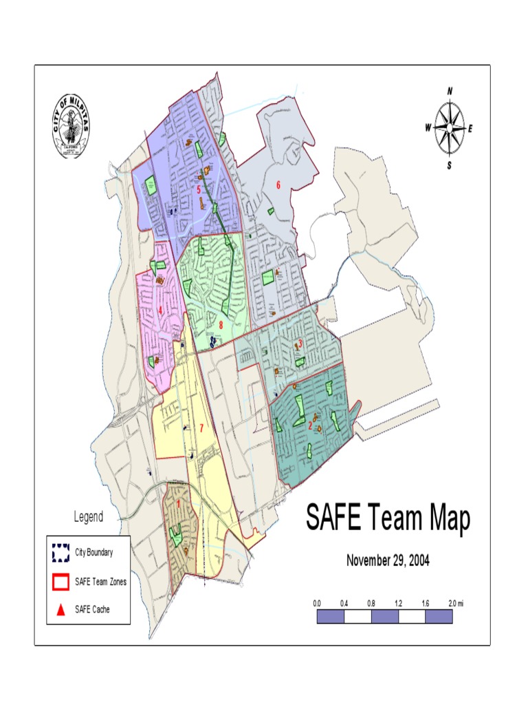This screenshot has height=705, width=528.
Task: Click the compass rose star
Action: coord(449,128)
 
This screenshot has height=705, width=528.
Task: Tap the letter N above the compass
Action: coord(450,91)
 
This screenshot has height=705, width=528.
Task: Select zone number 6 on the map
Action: coord(278,185)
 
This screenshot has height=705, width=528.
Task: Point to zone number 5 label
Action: coord(198,189)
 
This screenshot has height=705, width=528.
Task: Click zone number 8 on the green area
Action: coord(221,325)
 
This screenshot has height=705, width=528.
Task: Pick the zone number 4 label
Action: coord(160,311)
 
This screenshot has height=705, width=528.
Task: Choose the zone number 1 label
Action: coord(179,503)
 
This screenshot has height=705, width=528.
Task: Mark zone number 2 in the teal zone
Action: coord(310,426)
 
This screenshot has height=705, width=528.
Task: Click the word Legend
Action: coord(88,517)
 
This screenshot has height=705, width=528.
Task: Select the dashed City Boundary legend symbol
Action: coord(60,553)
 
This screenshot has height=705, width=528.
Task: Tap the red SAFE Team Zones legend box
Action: coord(60,582)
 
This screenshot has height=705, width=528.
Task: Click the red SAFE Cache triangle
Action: coord(60,609)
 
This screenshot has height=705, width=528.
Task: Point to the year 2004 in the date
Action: coord(417,560)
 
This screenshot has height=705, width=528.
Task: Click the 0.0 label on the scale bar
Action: coord(317,603)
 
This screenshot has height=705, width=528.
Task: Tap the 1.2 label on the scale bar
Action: coord(398,603)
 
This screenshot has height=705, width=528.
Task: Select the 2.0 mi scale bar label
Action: coord(455,603)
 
